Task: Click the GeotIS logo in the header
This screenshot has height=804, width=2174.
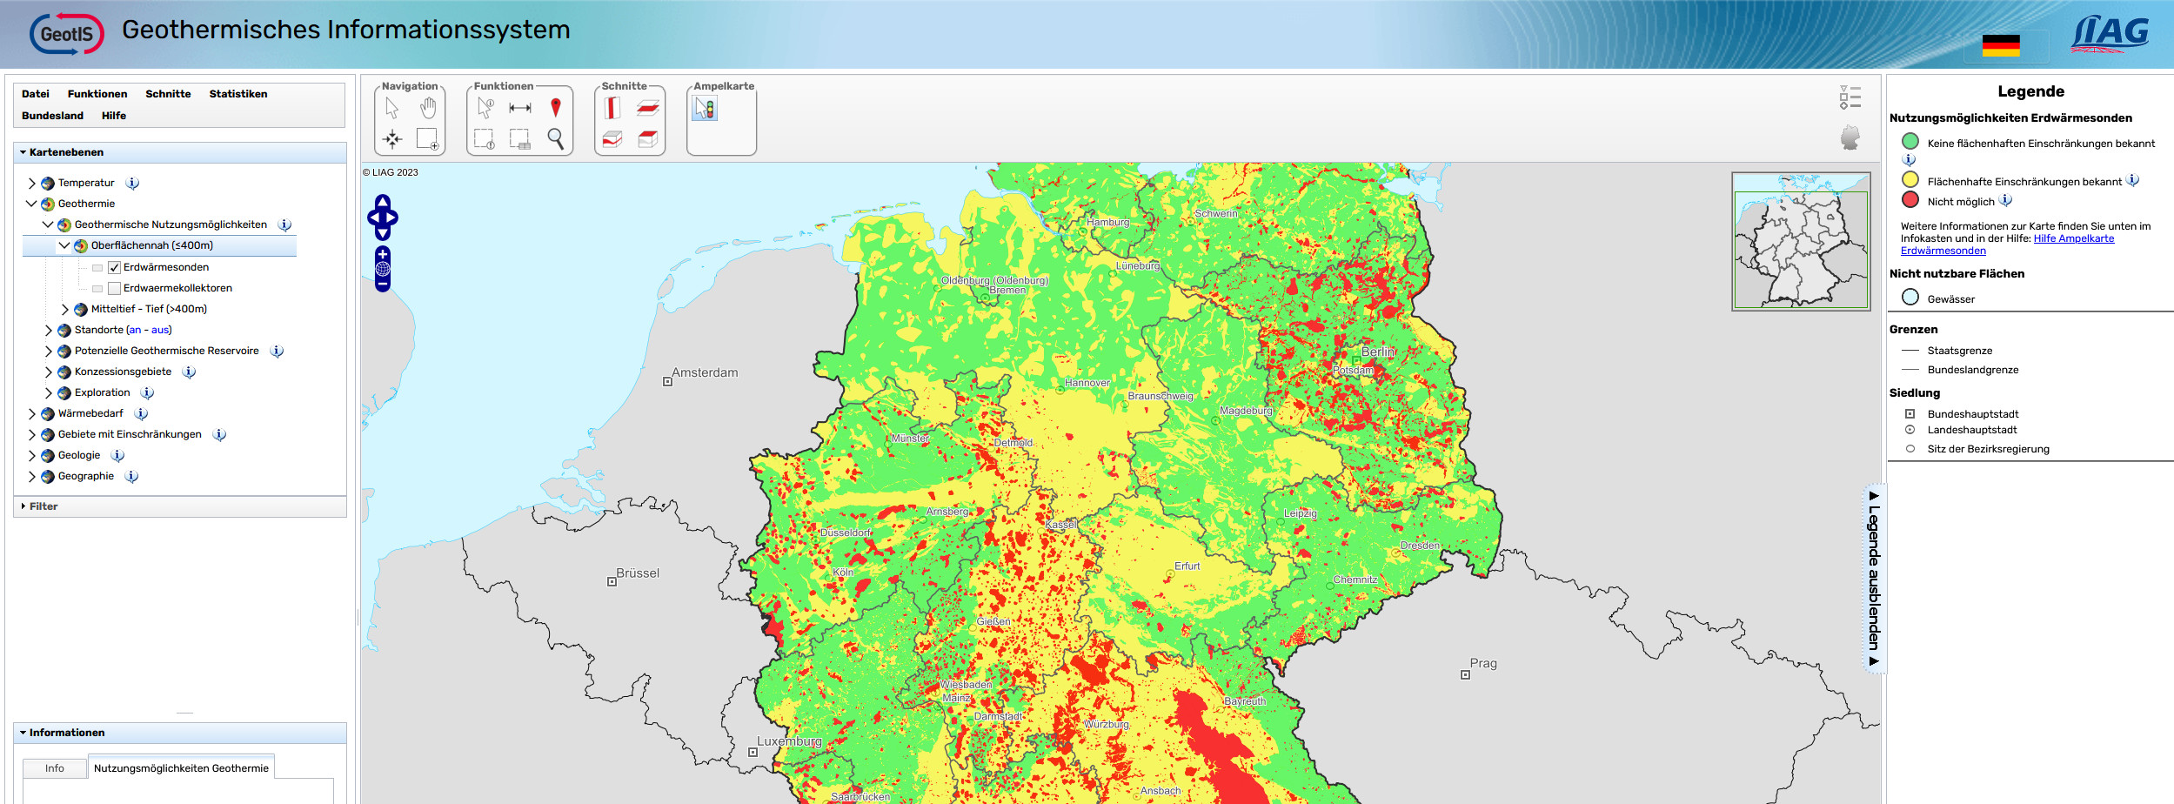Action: tap(66, 34)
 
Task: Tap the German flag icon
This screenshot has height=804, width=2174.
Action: tap(2000, 45)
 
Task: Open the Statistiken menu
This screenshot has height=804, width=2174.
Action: tap(237, 94)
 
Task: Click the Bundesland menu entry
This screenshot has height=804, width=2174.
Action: tap(52, 116)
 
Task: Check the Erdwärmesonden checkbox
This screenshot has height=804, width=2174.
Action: tap(114, 268)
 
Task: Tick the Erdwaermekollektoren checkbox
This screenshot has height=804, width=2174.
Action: tap(114, 289)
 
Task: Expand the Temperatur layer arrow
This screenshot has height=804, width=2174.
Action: tap(32, 183)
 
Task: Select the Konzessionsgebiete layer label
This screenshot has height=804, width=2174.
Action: tap(123, 372)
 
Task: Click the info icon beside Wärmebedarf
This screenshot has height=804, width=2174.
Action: tap(141, 413)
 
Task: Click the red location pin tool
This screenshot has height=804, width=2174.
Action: tap(555, 108)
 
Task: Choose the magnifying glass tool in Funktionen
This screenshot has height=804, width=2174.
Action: tap(555, 138)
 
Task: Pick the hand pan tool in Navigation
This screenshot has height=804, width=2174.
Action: tap(427, 108)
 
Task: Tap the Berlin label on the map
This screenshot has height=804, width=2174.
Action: tap(1377, 352)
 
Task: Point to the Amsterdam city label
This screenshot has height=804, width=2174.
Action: tap(704, 372)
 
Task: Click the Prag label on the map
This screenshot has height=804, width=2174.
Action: tap(1482, 663)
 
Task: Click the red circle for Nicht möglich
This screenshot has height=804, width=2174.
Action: tap(1910, 199)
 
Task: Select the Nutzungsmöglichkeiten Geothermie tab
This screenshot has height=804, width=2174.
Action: tap(181, 768)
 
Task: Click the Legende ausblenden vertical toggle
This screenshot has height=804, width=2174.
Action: tap(1874, 578)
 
